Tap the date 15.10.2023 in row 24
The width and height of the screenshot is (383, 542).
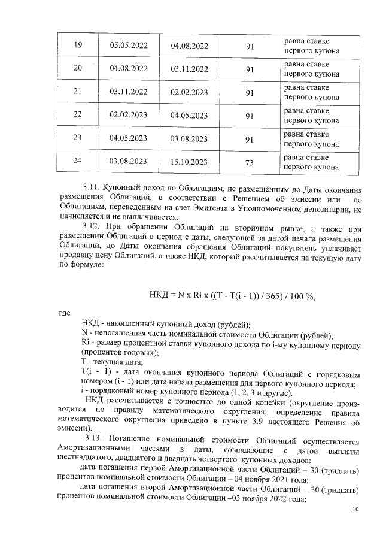pyautogui.click(x=189, y=162)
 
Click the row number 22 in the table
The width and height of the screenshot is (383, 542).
pyautogui.click(x=77, y=115)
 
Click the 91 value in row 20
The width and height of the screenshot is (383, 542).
pyautogui.click(x=250, y=69)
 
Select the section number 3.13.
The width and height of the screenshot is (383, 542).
pyautogui.click(x=97, y=439)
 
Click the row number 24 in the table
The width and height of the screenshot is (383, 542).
pyautogui.click(x=77, y=162)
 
